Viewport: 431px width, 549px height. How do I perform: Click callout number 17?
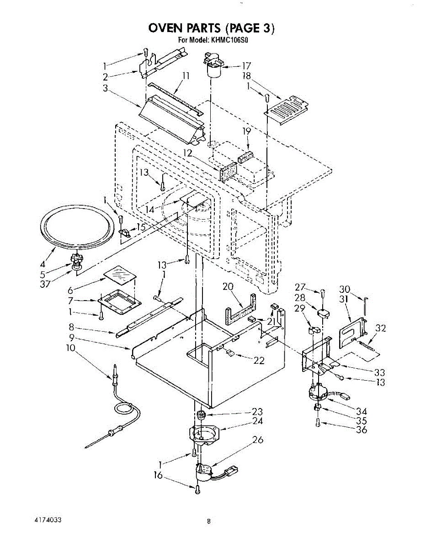246,65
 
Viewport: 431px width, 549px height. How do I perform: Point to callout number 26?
258,440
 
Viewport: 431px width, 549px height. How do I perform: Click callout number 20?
228,287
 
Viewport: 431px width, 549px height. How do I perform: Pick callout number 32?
380,328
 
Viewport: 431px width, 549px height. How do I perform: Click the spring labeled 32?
368,346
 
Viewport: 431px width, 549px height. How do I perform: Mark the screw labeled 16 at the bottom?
197,490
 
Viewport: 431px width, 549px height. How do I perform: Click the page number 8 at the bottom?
208,521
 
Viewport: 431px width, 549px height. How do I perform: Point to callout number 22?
259,361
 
